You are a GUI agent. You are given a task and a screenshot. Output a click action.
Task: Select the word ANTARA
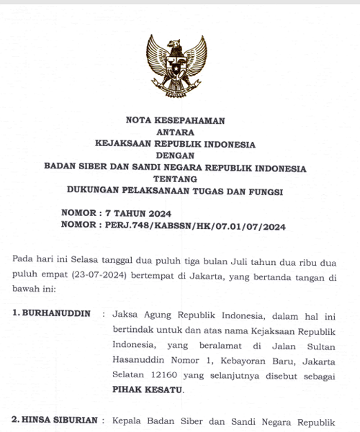175,132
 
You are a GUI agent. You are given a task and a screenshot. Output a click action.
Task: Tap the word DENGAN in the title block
175,156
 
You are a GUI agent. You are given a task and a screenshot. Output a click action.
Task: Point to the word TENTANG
175,179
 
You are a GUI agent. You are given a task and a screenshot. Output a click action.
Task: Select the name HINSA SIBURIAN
55,420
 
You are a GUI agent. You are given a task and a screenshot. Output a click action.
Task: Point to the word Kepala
127,420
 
